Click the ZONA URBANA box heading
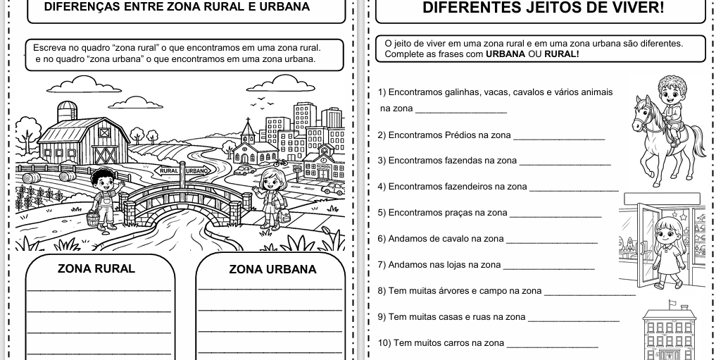coord(272,269)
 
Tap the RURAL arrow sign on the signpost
coord(169,171)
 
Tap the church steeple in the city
coord(247,129)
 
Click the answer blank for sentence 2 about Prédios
coord(559,139)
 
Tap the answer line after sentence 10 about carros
coord(552,347)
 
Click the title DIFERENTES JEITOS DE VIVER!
coord(543,8)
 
